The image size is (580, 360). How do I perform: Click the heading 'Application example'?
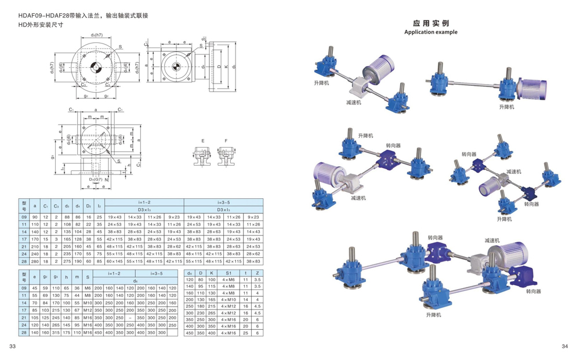[430, 32]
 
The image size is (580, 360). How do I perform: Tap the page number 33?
[12, 347]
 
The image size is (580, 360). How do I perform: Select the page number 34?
[565, 347]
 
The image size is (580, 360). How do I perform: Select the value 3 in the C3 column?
[56, 238]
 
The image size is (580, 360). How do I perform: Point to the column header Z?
[257, 272]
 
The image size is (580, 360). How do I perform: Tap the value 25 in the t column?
[246, 333]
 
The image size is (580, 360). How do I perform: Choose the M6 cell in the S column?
[88, 288]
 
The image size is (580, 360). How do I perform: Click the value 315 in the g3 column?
[56, 333]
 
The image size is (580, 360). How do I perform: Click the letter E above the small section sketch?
[202, 141]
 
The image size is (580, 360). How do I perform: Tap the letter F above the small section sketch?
[226, 141]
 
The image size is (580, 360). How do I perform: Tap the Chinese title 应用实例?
[430, 23]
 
